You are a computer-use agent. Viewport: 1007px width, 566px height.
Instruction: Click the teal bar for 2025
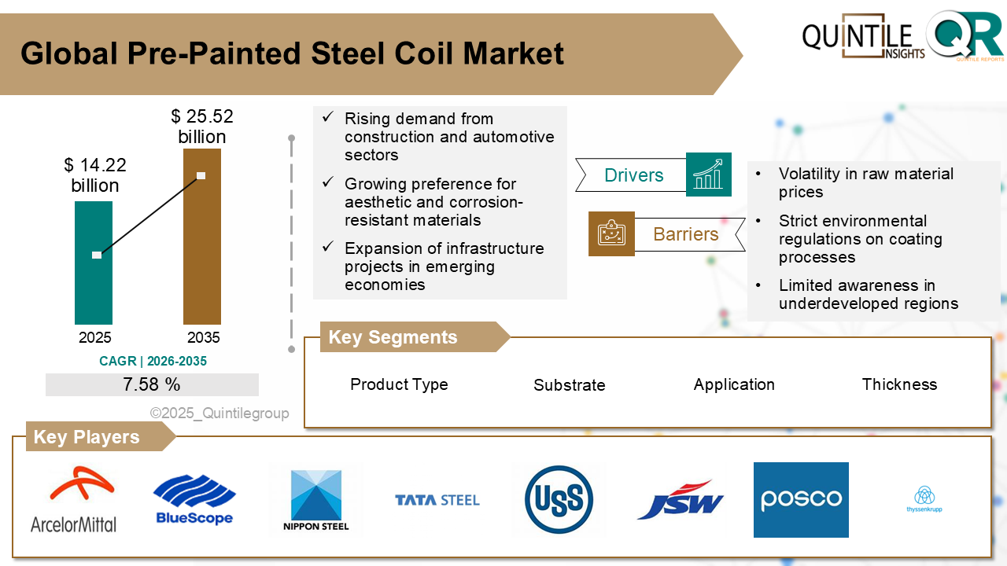[94, 263]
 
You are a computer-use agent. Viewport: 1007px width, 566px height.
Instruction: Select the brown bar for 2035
[202, 236]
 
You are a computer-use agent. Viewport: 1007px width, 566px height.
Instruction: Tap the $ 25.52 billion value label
[202, 127]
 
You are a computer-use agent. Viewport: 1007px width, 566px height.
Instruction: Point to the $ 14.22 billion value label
[95, 175]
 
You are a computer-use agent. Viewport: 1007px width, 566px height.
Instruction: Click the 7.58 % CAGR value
[152, 384]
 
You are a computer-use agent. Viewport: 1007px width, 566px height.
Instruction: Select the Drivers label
[633, 175]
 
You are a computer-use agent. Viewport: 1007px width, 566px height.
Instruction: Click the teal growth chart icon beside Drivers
[709, 175]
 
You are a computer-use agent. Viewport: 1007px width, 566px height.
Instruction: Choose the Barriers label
[685, 234]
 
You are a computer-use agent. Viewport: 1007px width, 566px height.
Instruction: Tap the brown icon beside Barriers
[611, 233]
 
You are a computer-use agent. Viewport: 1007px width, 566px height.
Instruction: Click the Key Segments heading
[393, 337]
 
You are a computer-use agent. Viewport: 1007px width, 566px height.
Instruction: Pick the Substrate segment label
[569, 385]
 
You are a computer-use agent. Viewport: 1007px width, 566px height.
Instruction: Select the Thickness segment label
[899, 384]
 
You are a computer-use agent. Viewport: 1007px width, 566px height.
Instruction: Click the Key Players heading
[87, 437]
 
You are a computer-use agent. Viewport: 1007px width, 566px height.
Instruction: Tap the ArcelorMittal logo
[73, 500]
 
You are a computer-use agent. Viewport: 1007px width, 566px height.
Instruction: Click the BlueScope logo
[194, 500]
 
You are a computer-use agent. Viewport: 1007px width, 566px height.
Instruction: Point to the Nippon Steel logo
[315, 500]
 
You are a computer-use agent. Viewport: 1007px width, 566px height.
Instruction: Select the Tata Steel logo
[437, 500]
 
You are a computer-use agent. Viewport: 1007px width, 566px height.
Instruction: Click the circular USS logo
[559, 500]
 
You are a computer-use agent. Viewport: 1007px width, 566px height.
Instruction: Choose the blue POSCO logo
[801, 500]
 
